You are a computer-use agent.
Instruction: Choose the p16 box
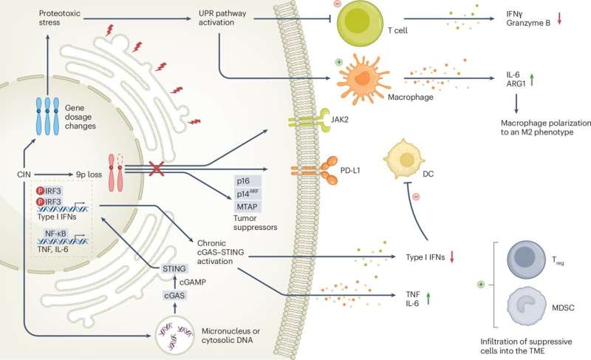coord(247,180)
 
